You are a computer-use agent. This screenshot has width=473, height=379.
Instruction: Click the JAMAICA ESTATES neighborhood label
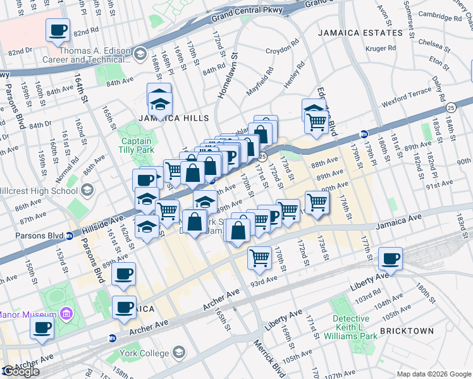(360, 33)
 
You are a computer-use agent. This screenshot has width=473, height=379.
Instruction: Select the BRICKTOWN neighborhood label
(407, 331)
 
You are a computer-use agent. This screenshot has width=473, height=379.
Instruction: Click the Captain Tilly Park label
(135, 146)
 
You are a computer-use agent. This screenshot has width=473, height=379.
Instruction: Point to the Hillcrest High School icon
(87, 189)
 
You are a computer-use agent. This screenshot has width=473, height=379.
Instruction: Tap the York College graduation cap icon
(180, 352)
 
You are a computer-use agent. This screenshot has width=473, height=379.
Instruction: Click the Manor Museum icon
(66, 315)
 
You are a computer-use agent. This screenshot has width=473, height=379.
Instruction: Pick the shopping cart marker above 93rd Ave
(259, 258)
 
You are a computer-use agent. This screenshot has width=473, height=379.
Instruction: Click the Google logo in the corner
(21, 371)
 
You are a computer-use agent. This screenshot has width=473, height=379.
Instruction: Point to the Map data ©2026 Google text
(434, 374)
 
